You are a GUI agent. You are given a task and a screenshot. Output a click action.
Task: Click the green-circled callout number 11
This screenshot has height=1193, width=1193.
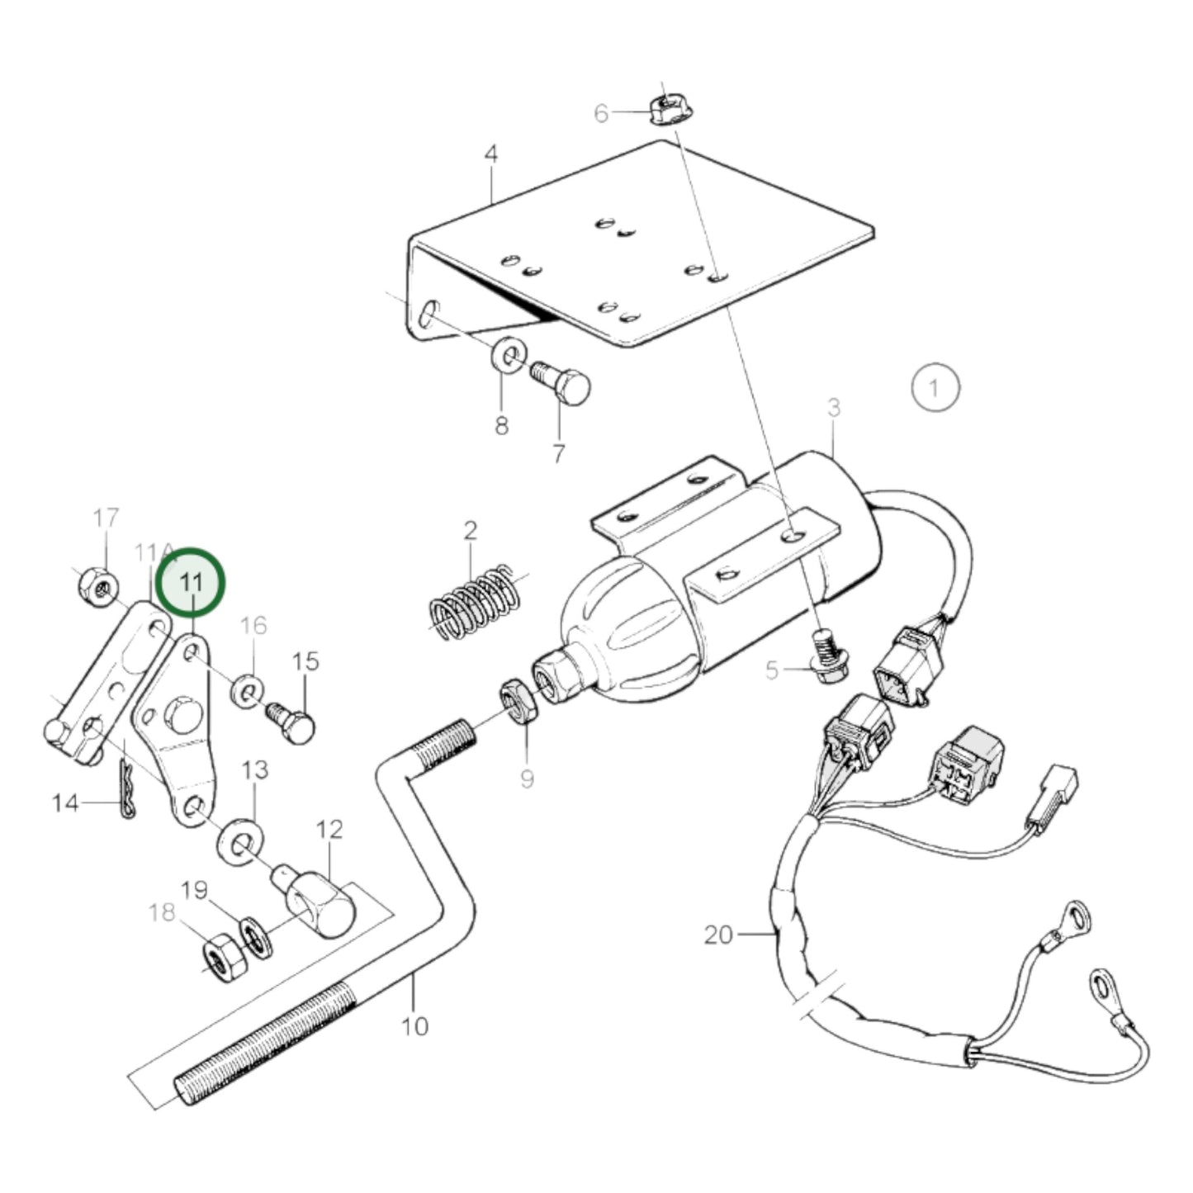[x=191, y=582]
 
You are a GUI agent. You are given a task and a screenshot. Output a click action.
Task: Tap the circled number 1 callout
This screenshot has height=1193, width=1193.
[x=935, y=387]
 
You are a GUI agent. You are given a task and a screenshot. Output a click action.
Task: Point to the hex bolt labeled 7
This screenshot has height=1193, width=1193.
[x=566, y=385]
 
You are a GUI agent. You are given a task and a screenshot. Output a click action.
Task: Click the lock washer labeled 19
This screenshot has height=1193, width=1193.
[x=256, y=940]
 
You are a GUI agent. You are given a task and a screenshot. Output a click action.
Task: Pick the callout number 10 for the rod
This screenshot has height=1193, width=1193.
[x=414, y=1026]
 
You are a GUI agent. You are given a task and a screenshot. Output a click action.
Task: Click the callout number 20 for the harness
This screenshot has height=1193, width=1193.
[x=718, y=935]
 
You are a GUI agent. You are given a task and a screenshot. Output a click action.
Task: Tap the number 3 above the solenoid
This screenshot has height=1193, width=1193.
[x=834, y=407]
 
